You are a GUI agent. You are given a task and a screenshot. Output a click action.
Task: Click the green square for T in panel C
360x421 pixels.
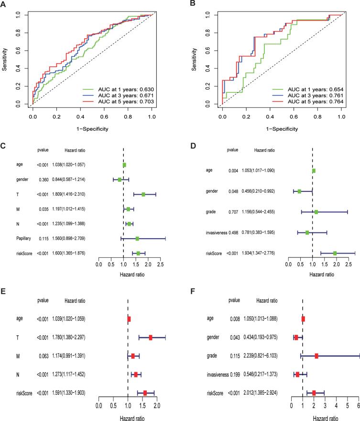143,194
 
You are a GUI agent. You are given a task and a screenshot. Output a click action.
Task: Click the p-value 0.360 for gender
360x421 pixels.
44,180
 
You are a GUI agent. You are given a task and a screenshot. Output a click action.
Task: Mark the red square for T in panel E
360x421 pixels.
151,338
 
